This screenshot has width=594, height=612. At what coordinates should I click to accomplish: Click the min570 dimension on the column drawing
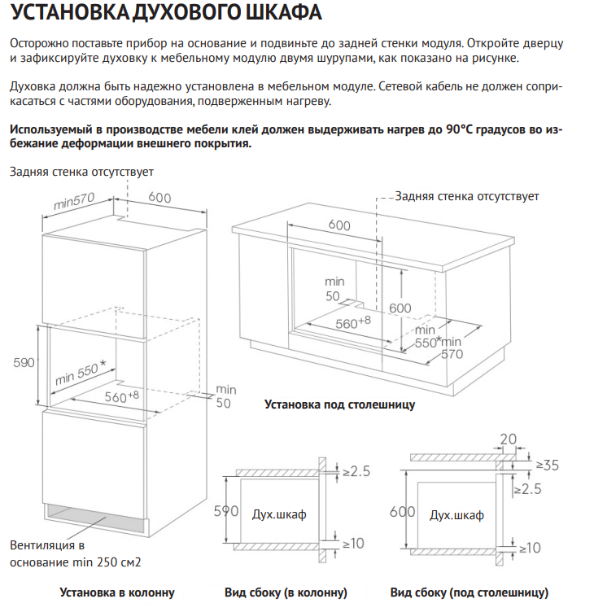pyautogui.click(x=75, y=200)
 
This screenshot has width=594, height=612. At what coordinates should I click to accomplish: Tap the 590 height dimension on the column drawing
pyautogui.click(x=24, y=362)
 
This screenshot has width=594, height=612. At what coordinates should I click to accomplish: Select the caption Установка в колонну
pyautogui.click(x=117, y=592)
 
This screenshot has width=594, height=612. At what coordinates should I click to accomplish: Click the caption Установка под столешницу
pyautogui.click(x=340, y=404)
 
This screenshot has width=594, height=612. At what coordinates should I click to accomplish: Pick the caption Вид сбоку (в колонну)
pyautogui.click(x=286, y=592)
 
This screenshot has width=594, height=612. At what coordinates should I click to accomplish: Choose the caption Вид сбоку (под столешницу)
pyautogui.click(x=469, y=592)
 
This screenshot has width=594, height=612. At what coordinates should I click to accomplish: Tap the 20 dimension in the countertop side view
pyautogui.click(x=508, y=440)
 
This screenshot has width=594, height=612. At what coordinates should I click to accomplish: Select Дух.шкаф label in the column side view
pyautogui.click(x=279, y=514)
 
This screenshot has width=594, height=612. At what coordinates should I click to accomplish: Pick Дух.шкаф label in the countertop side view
pyautogui.click(x=456, y=515)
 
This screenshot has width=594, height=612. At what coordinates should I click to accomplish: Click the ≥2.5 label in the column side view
pyautogui.click(x=356, y=471)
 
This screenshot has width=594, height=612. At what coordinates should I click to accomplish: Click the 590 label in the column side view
pyautogui.click(x=225, y=512)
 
